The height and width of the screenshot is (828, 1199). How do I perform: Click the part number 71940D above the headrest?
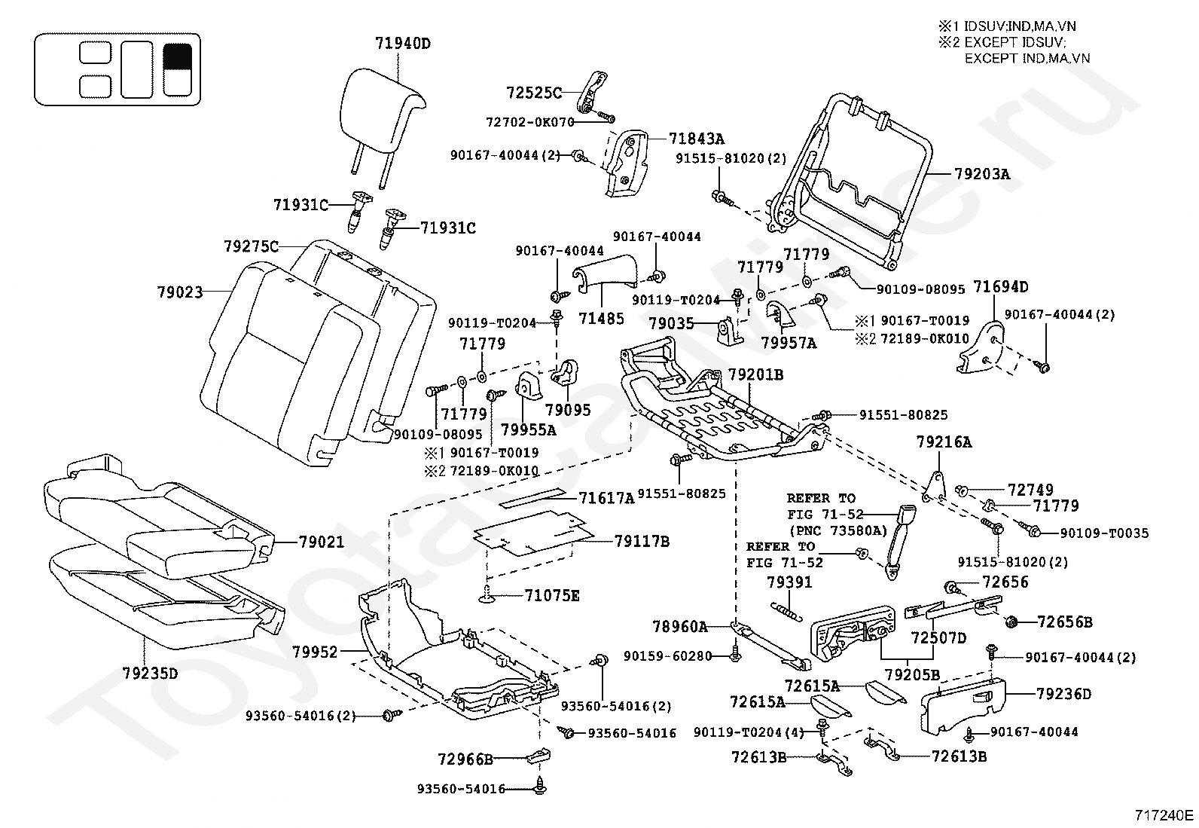[x=402, y=44]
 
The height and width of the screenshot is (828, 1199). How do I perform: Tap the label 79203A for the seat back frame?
[x=982, y=174]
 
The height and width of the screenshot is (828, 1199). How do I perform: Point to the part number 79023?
[x=180, y=292]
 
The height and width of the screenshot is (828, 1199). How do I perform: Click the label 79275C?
[x=251, y=246]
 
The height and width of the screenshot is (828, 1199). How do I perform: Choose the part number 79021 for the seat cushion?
[x=321, y=542]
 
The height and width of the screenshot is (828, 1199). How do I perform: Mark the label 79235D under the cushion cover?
[x=150, y=673]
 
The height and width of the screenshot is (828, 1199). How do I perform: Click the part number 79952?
[x=316, y=652]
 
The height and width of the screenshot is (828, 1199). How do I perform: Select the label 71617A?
[x=606, y=498]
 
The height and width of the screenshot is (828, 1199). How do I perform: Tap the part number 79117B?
[x=642, y=542]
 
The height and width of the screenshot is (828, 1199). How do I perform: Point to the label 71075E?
[x=552, y=595]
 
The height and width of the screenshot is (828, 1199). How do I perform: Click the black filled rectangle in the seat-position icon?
[x=177, y=57]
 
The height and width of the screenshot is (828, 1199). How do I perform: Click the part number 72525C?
[x=534, y=93]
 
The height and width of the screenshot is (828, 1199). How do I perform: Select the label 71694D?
[x=1000, y=287]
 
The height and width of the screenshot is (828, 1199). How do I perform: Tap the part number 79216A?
[x=944, y=442]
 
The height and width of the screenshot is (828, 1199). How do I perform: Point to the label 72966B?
[x=465, y=759]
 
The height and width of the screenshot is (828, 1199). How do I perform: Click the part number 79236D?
[x=1064, y=694]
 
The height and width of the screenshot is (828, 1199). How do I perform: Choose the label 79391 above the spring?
[x=789, y=582]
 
